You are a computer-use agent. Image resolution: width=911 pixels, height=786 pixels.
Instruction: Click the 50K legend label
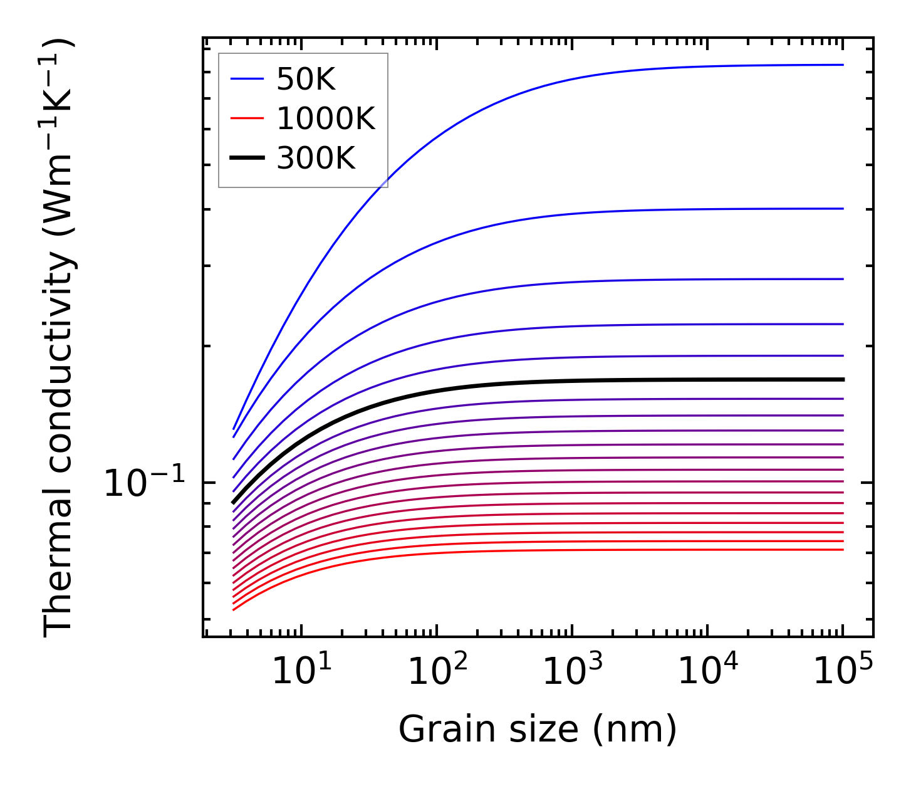(306, 80)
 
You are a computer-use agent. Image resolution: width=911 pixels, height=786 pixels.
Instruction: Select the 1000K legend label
(325, 119)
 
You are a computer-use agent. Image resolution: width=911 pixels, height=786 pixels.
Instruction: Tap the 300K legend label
(316, 159)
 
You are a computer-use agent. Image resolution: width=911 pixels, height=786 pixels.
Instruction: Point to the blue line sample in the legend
(247, 79)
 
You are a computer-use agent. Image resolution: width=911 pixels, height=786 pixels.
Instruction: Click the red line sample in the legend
(247, 118)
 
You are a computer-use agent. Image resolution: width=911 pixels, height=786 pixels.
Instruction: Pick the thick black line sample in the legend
(247, 158)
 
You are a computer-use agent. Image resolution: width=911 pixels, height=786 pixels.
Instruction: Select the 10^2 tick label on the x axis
(437, 673)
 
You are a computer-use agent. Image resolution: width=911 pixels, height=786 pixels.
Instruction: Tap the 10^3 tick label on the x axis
(572, 673)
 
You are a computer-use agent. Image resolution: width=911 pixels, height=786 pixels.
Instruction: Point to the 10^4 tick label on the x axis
(708, 673)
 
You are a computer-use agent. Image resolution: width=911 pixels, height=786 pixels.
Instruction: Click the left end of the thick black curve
(233, 502)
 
